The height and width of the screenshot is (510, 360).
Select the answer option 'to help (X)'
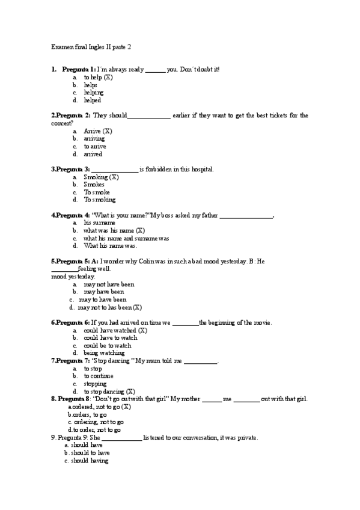click(98, 78)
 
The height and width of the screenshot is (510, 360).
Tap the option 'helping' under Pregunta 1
click(94, 93)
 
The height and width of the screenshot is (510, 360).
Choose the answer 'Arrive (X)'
click(98, 131)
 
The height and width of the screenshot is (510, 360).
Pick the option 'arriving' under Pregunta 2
click(94, 138)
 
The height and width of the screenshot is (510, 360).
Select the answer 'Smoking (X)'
click(101, 177)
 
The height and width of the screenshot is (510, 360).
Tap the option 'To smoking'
click(99, 200)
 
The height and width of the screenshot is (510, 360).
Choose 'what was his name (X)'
click(114, 230)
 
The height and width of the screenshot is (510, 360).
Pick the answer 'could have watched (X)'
click(115, 330)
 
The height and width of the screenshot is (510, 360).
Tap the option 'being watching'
click(104, 353)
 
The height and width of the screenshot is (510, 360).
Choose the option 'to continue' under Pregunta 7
click(99, 376)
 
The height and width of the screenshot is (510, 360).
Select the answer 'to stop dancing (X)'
click(109, 392)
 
